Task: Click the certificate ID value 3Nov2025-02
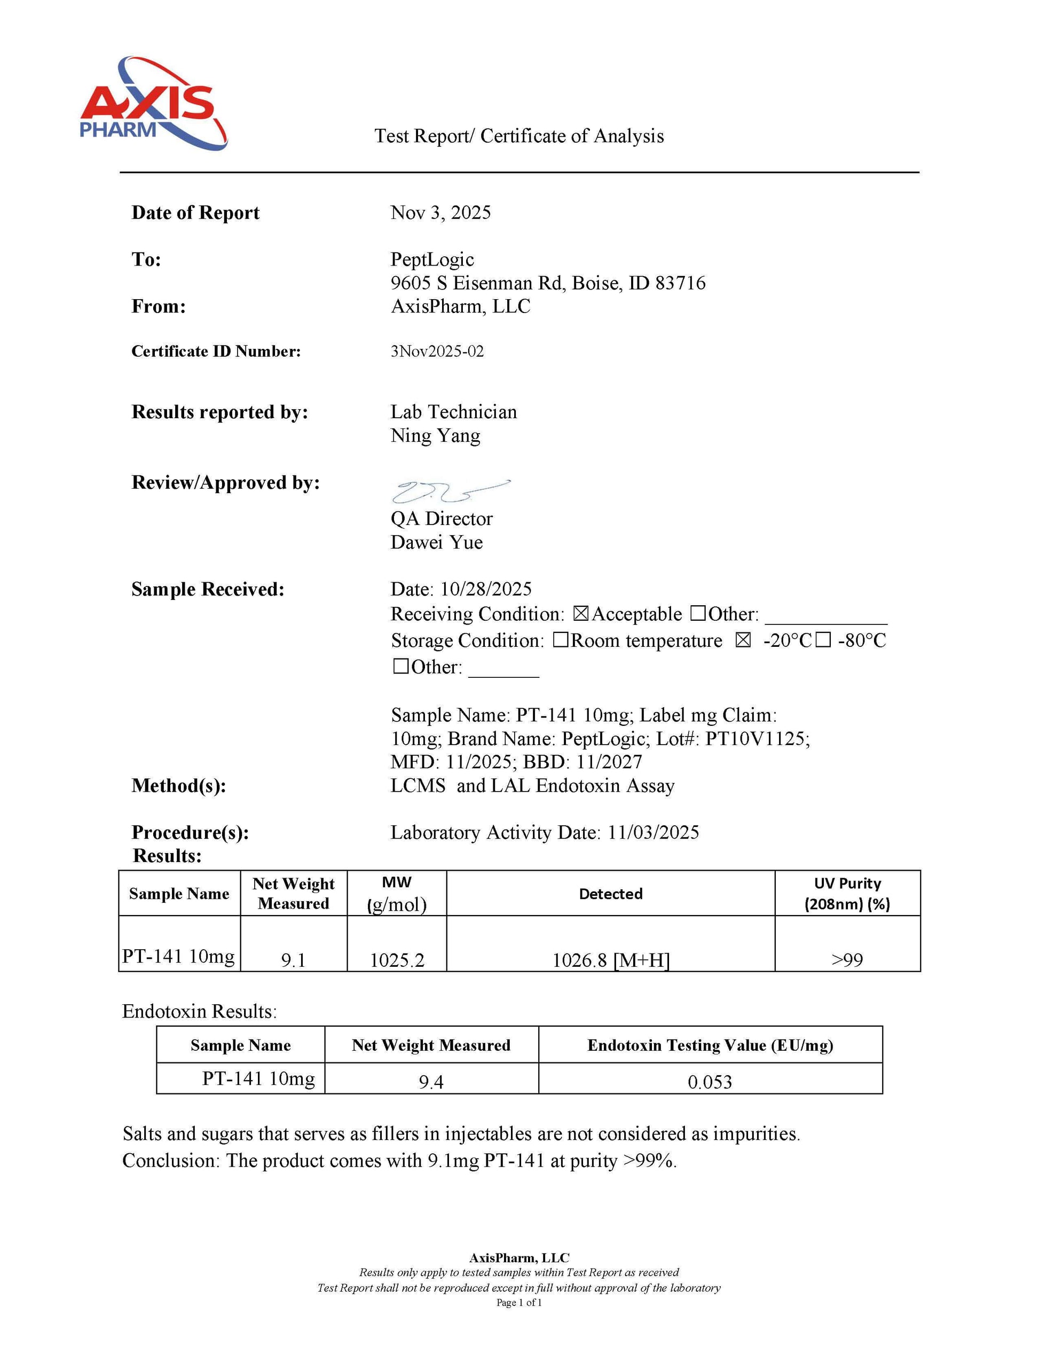[x=437, y=351]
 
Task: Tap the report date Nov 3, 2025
[x=440, y=213]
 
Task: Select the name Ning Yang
[x=435, y=436]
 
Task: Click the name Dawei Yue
[x=436, y=543]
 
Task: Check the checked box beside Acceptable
[x=580, y=614]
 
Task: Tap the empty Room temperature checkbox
[x=560, y=640]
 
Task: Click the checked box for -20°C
[x=743, y=640]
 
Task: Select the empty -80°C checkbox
[x=823, y=640]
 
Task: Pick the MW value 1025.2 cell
[x=397, y=959]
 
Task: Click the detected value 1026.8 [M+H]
[x=611, y=959]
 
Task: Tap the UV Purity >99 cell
[x=847, y=959]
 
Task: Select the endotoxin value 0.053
[x=710, y=1082]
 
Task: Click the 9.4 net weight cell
[x=431, y=1082]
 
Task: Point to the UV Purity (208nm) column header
[x=847, y=894]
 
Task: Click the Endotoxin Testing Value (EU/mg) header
[x=710, y=1045]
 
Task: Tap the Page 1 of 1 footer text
[x=519, y=1302]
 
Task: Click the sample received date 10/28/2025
[x=486, y=589]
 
